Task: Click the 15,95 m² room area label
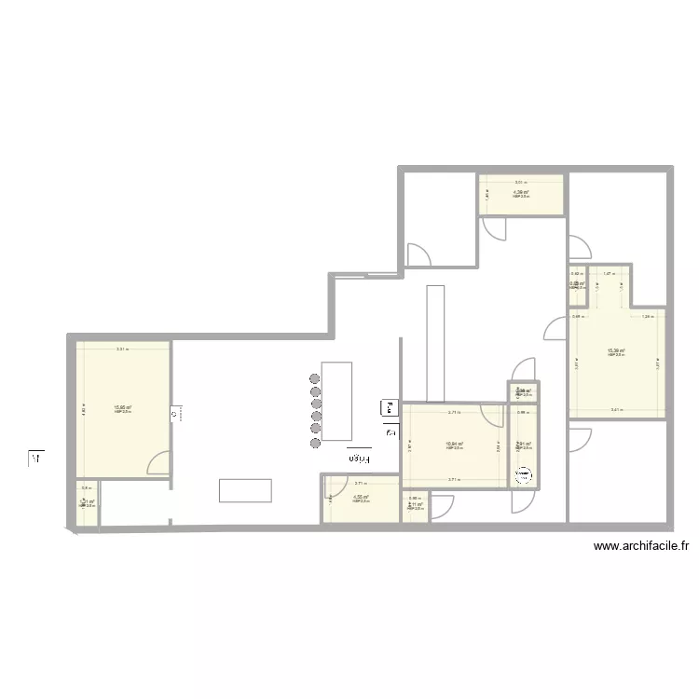123,407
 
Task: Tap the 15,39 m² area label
616,351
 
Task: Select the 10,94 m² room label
456,445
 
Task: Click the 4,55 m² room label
361,498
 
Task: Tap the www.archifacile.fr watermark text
640,548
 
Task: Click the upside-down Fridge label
359,458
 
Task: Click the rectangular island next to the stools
336,400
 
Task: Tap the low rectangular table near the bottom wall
245,490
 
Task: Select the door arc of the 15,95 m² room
158,463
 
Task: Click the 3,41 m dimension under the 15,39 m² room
616,410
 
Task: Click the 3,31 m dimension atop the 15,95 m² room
122,349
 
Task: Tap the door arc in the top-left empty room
418,254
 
